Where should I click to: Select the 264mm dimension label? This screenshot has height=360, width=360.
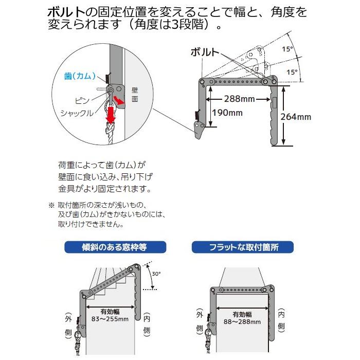click(x=296, y=117)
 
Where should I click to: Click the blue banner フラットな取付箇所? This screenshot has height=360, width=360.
click(x=243, y=247)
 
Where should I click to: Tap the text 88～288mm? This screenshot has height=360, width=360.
click(x=242, y=321)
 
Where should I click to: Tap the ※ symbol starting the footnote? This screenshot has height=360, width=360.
click(x=51, y=205)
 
